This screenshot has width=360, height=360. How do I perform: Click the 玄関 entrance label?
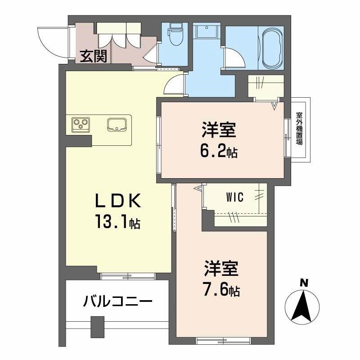pyautogui.click(x=94, y=56)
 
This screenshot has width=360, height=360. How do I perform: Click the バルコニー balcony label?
pyautogui.click(x=117, y=301)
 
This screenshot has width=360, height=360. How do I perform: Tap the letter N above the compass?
pyautogui.click(x=304, y=283)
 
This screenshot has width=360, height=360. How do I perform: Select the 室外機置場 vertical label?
pyautogui.click(x=299, y=129)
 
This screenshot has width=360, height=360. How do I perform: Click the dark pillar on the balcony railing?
pyautogui.click(x=96, y=325)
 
